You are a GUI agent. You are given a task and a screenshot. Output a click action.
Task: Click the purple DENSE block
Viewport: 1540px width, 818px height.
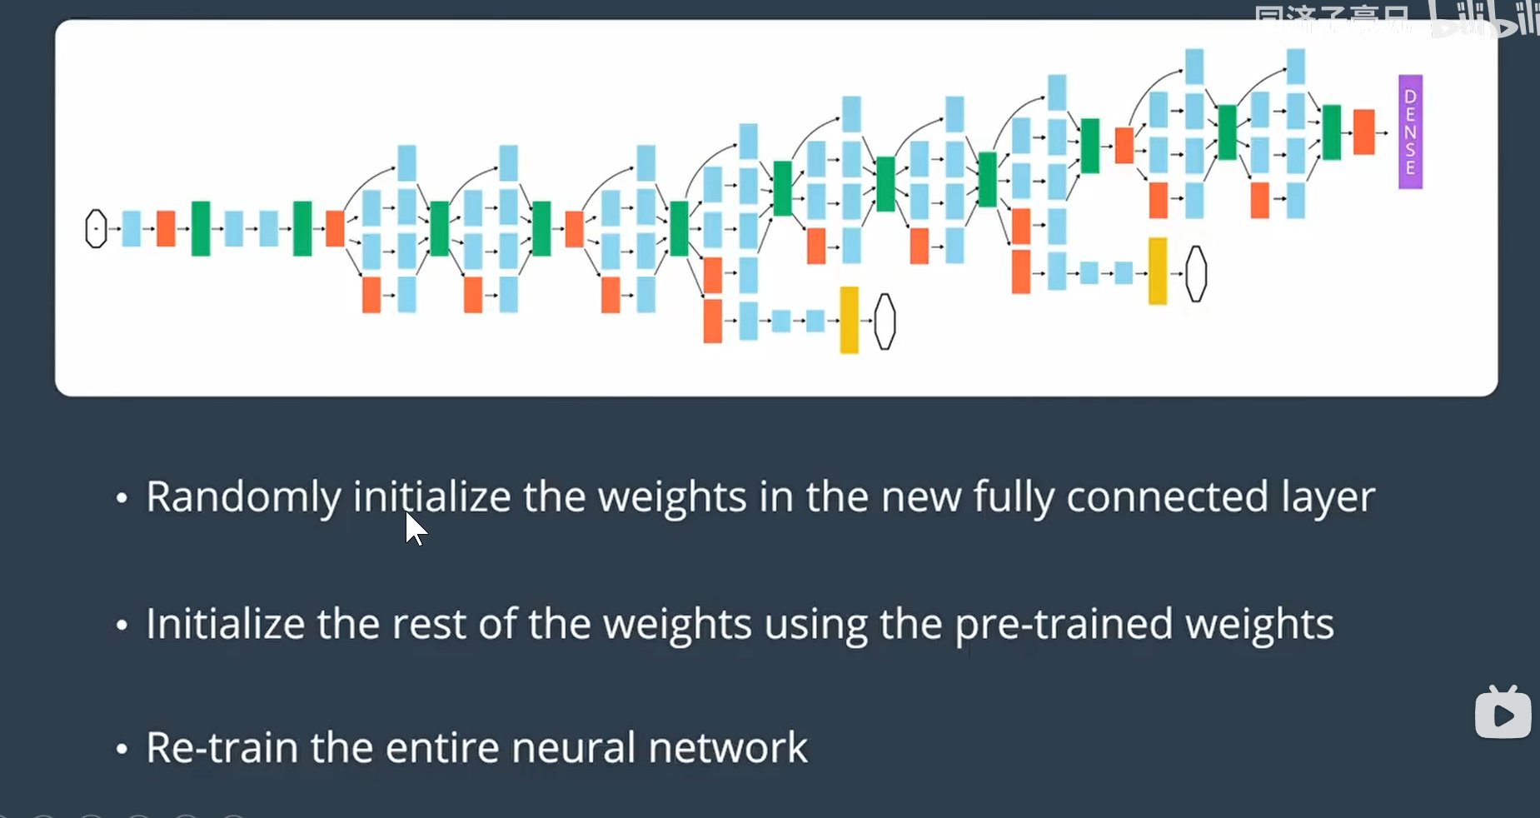1410,132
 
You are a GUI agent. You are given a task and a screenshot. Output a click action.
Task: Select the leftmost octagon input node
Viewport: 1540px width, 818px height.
97,228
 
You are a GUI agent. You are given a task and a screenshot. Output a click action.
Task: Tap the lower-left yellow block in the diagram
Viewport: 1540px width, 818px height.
849,320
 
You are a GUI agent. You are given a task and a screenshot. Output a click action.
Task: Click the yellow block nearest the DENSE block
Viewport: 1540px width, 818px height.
1157,271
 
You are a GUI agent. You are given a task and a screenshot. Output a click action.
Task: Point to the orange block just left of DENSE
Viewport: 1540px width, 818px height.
1363,132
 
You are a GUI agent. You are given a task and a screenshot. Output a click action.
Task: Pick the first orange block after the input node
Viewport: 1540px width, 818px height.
166,228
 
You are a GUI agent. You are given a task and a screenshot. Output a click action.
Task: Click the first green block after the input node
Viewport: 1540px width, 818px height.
200,228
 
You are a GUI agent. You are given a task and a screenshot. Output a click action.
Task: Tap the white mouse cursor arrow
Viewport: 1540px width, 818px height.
415,528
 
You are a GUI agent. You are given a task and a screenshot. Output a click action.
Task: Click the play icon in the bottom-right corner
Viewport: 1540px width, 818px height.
1503,714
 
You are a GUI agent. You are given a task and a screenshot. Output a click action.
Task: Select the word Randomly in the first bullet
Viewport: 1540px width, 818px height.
243,497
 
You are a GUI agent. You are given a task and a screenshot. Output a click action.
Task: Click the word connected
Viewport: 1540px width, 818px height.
1167,497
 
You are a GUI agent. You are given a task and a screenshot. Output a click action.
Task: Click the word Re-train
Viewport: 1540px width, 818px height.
222,747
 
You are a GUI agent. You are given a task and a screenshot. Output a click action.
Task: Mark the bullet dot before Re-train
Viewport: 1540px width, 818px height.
122,749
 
